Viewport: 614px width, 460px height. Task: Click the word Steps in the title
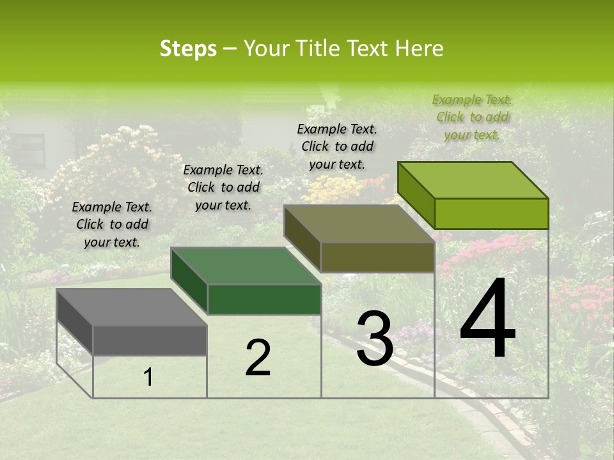[x=188, y=49]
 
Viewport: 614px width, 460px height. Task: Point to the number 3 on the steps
[x=374, y=339]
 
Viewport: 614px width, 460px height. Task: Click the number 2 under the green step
[x=258, y=358]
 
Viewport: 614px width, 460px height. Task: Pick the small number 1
[x=148, y=378]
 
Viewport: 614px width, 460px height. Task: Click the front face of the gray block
[x=150, y=341]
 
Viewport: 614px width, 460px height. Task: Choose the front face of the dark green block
[x=264, y=299]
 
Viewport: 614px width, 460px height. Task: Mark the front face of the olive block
[x=378, y=257]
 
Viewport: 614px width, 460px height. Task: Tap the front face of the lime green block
[x=492, y=213]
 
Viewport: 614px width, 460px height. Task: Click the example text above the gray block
[x=112, y=224]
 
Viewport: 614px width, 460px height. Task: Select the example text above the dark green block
[x=223, y=187]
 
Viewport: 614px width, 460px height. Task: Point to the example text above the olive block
[x=337, y=146]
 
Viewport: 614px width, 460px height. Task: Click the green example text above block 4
[x=472, y=117]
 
